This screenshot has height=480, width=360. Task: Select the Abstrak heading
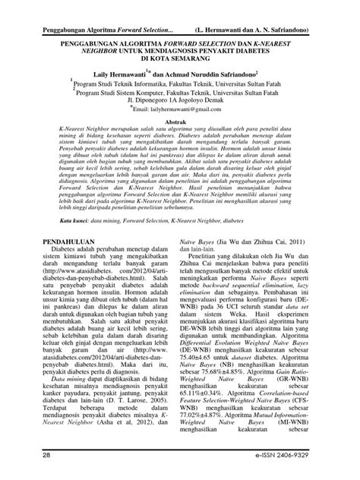[x=176, y=121]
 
